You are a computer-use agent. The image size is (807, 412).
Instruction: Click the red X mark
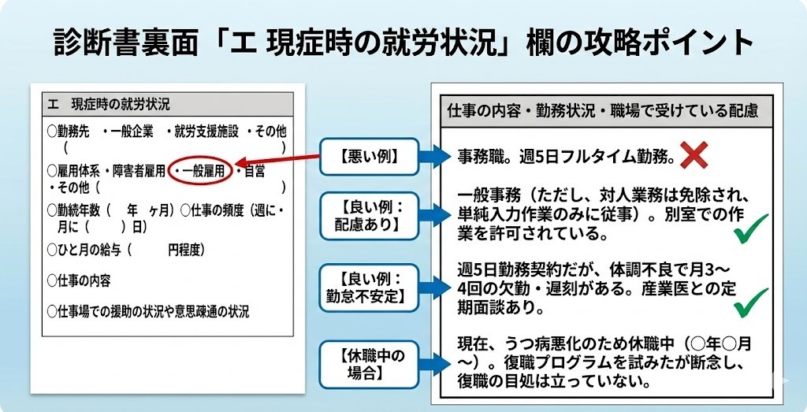694,156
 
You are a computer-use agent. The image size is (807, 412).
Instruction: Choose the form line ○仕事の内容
79,281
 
